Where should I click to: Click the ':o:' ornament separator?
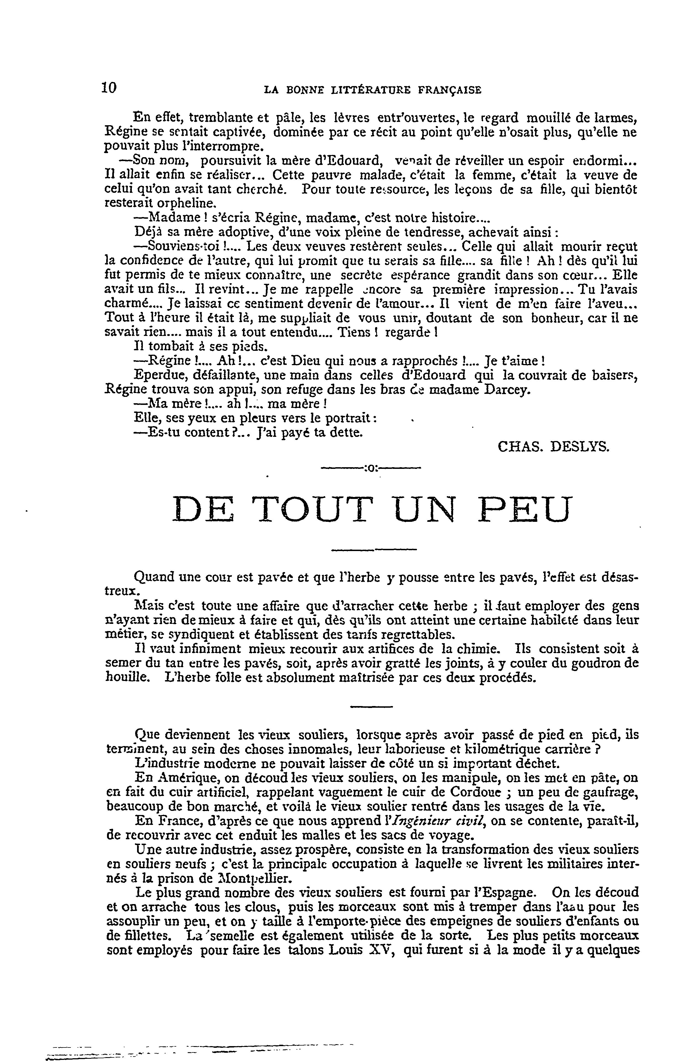tap(371, 469)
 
